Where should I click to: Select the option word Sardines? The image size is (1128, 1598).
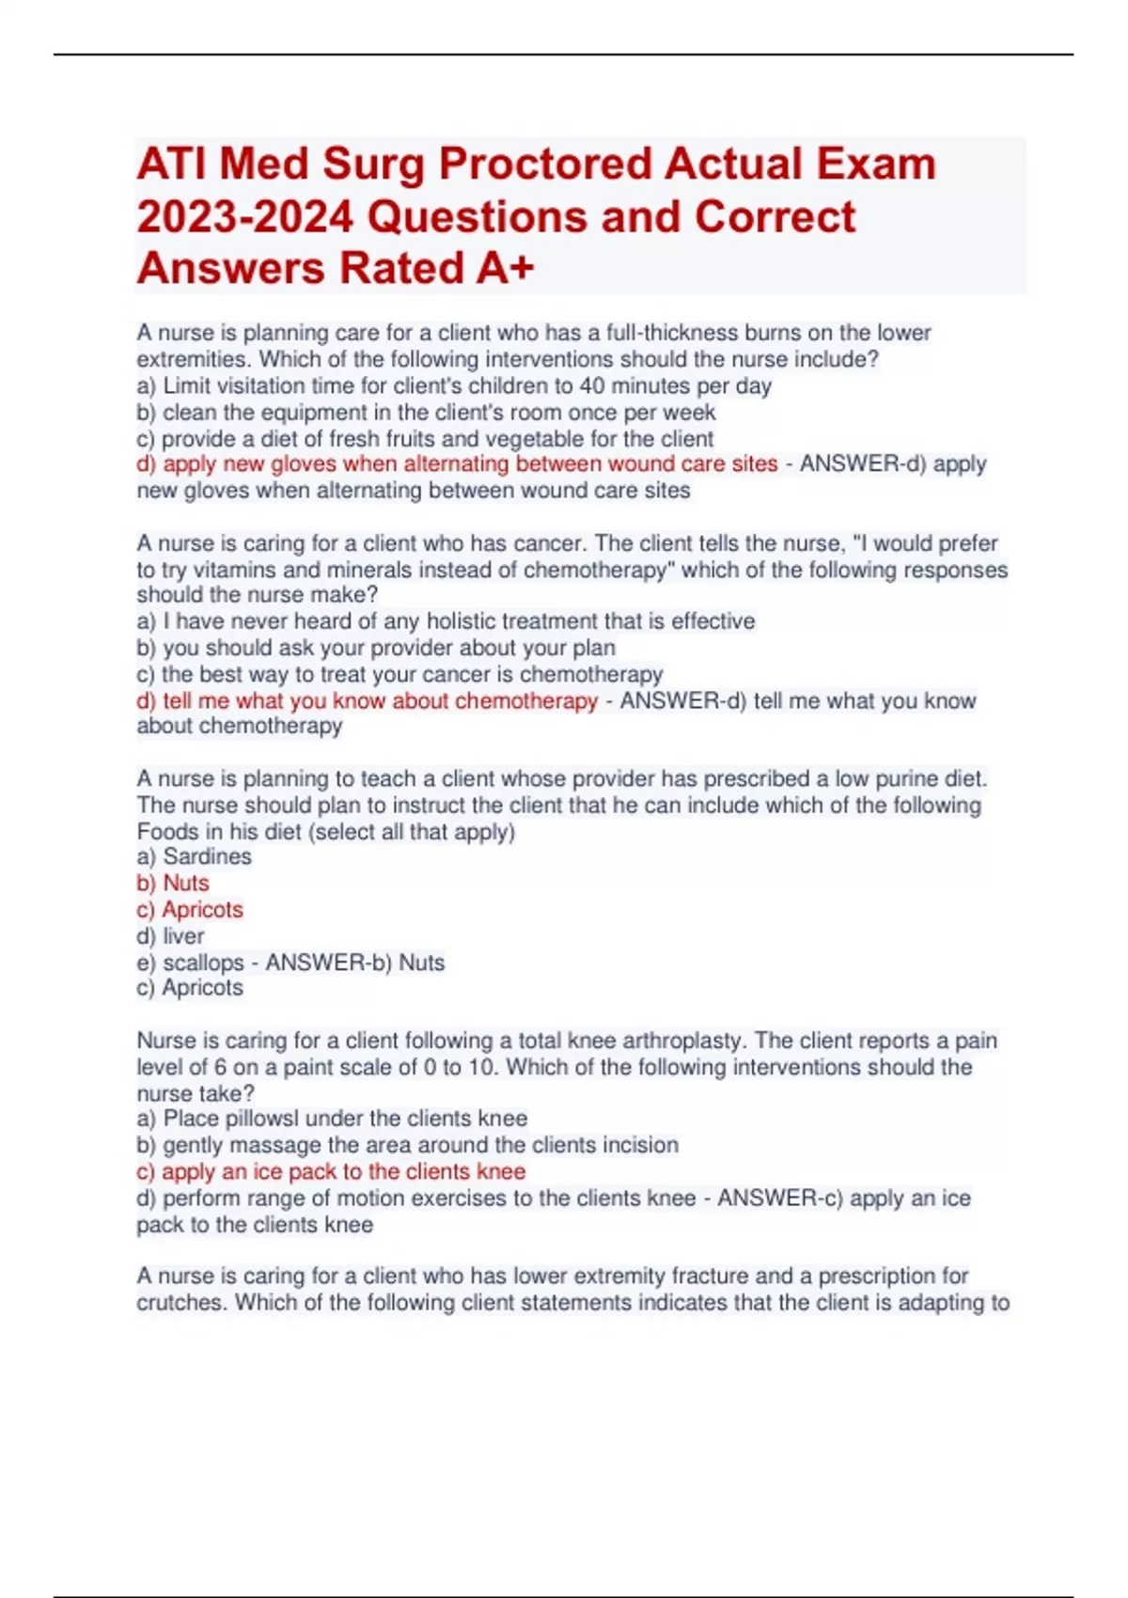207,856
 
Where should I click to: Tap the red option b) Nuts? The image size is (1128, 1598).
174,883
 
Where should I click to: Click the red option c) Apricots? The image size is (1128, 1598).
190,909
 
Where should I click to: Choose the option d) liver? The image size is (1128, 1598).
171,936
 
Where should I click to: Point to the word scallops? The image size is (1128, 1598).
203,963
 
